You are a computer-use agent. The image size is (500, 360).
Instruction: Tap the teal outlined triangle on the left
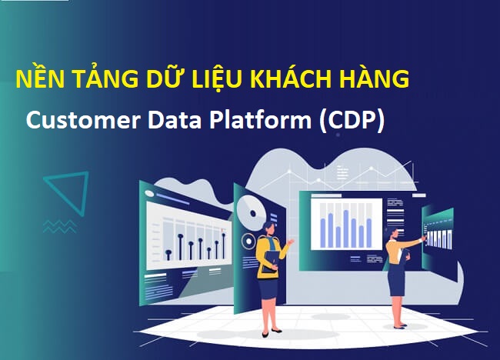(68, 192)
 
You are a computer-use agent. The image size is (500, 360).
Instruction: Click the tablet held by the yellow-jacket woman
(270, 261)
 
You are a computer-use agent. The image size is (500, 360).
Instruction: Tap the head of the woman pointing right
(394, 231)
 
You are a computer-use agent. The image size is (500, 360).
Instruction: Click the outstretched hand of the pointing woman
(422, 239)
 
